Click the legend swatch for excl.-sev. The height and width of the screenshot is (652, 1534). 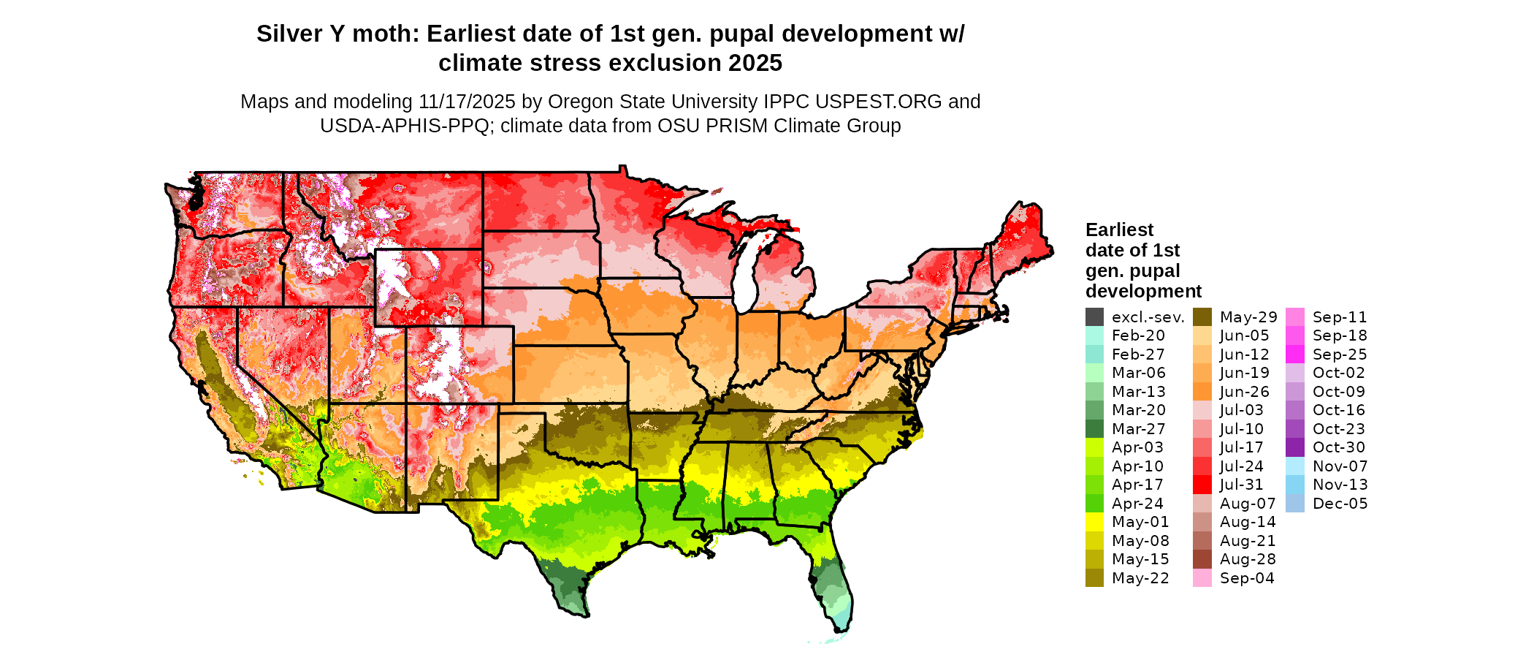click(1094, 317)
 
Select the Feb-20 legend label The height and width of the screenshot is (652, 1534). click(1138, 336)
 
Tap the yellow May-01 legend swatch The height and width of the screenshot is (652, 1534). click(1094, 522)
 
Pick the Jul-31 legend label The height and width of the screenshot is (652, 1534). click(1241, 485)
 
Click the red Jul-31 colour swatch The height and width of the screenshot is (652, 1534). click(1202, 485)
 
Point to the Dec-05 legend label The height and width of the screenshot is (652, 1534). click(1340, 504)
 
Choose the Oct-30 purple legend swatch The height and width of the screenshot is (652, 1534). click(1294, 447)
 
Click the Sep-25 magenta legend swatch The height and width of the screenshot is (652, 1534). click(1294, 355)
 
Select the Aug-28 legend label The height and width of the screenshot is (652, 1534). click(1248, 559)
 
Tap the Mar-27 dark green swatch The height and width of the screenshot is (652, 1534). click(1094, 429)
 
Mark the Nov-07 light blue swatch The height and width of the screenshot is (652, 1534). click(1294, 466)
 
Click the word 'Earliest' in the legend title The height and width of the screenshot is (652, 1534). click(1119, 230)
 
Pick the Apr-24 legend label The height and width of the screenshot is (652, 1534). click(1137, 504)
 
